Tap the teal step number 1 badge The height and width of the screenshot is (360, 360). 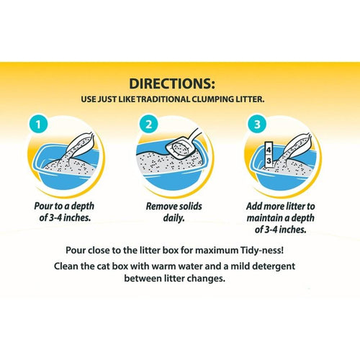coord(38,125)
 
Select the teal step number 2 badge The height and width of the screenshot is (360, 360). coord(149,125)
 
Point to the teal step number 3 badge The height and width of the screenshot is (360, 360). coord(257,125)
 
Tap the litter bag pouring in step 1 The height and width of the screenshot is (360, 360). coord(79,147)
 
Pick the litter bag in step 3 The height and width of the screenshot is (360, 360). coord(297,147)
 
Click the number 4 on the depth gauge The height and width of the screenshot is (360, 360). coord(269,150)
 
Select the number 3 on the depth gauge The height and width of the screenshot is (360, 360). coord(269,161)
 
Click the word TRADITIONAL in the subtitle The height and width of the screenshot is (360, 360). coord(163,99)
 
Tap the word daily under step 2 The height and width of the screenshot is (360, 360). coord(174,218)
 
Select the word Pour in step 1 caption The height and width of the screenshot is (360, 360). coord(43,206)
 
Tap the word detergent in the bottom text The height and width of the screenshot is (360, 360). coord(274,266)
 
